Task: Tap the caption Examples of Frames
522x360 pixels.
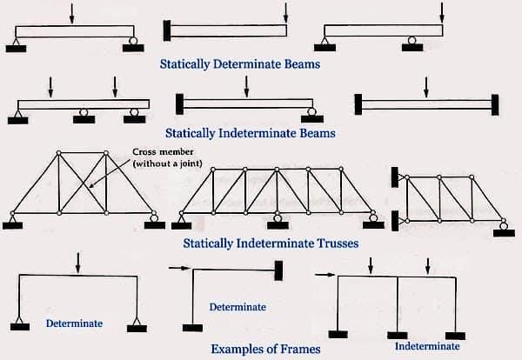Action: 264,349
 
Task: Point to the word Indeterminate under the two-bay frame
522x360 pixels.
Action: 427,345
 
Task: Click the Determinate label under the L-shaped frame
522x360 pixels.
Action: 238,307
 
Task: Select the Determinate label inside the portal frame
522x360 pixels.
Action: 74,323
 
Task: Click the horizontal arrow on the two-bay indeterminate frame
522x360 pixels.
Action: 325,277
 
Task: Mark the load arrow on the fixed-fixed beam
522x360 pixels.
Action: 425,88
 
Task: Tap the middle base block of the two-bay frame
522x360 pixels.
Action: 398,333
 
